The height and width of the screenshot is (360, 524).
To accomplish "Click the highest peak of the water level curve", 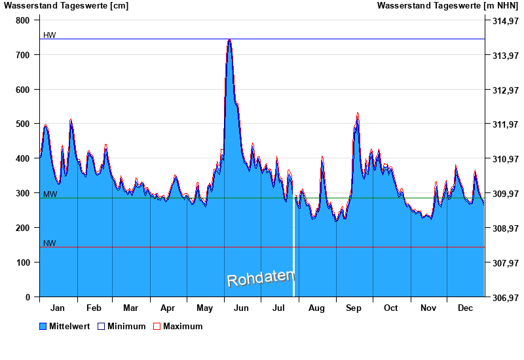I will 229,40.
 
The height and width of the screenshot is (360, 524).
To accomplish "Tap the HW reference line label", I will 50,35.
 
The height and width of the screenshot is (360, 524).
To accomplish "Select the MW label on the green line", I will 50,194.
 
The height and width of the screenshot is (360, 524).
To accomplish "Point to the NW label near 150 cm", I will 50,243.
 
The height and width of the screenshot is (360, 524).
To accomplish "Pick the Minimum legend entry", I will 122,326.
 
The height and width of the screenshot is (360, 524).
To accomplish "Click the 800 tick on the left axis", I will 23,20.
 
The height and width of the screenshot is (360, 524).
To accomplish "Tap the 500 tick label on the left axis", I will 23,124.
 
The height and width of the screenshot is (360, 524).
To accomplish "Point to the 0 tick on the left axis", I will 28,297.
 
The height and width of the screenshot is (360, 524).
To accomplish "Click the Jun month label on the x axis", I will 242,308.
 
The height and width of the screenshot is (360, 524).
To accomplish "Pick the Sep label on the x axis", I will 354,308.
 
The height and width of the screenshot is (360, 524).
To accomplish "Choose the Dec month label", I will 466,308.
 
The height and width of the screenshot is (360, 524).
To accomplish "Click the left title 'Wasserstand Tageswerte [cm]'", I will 66,6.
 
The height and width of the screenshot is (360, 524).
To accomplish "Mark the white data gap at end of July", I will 293,249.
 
